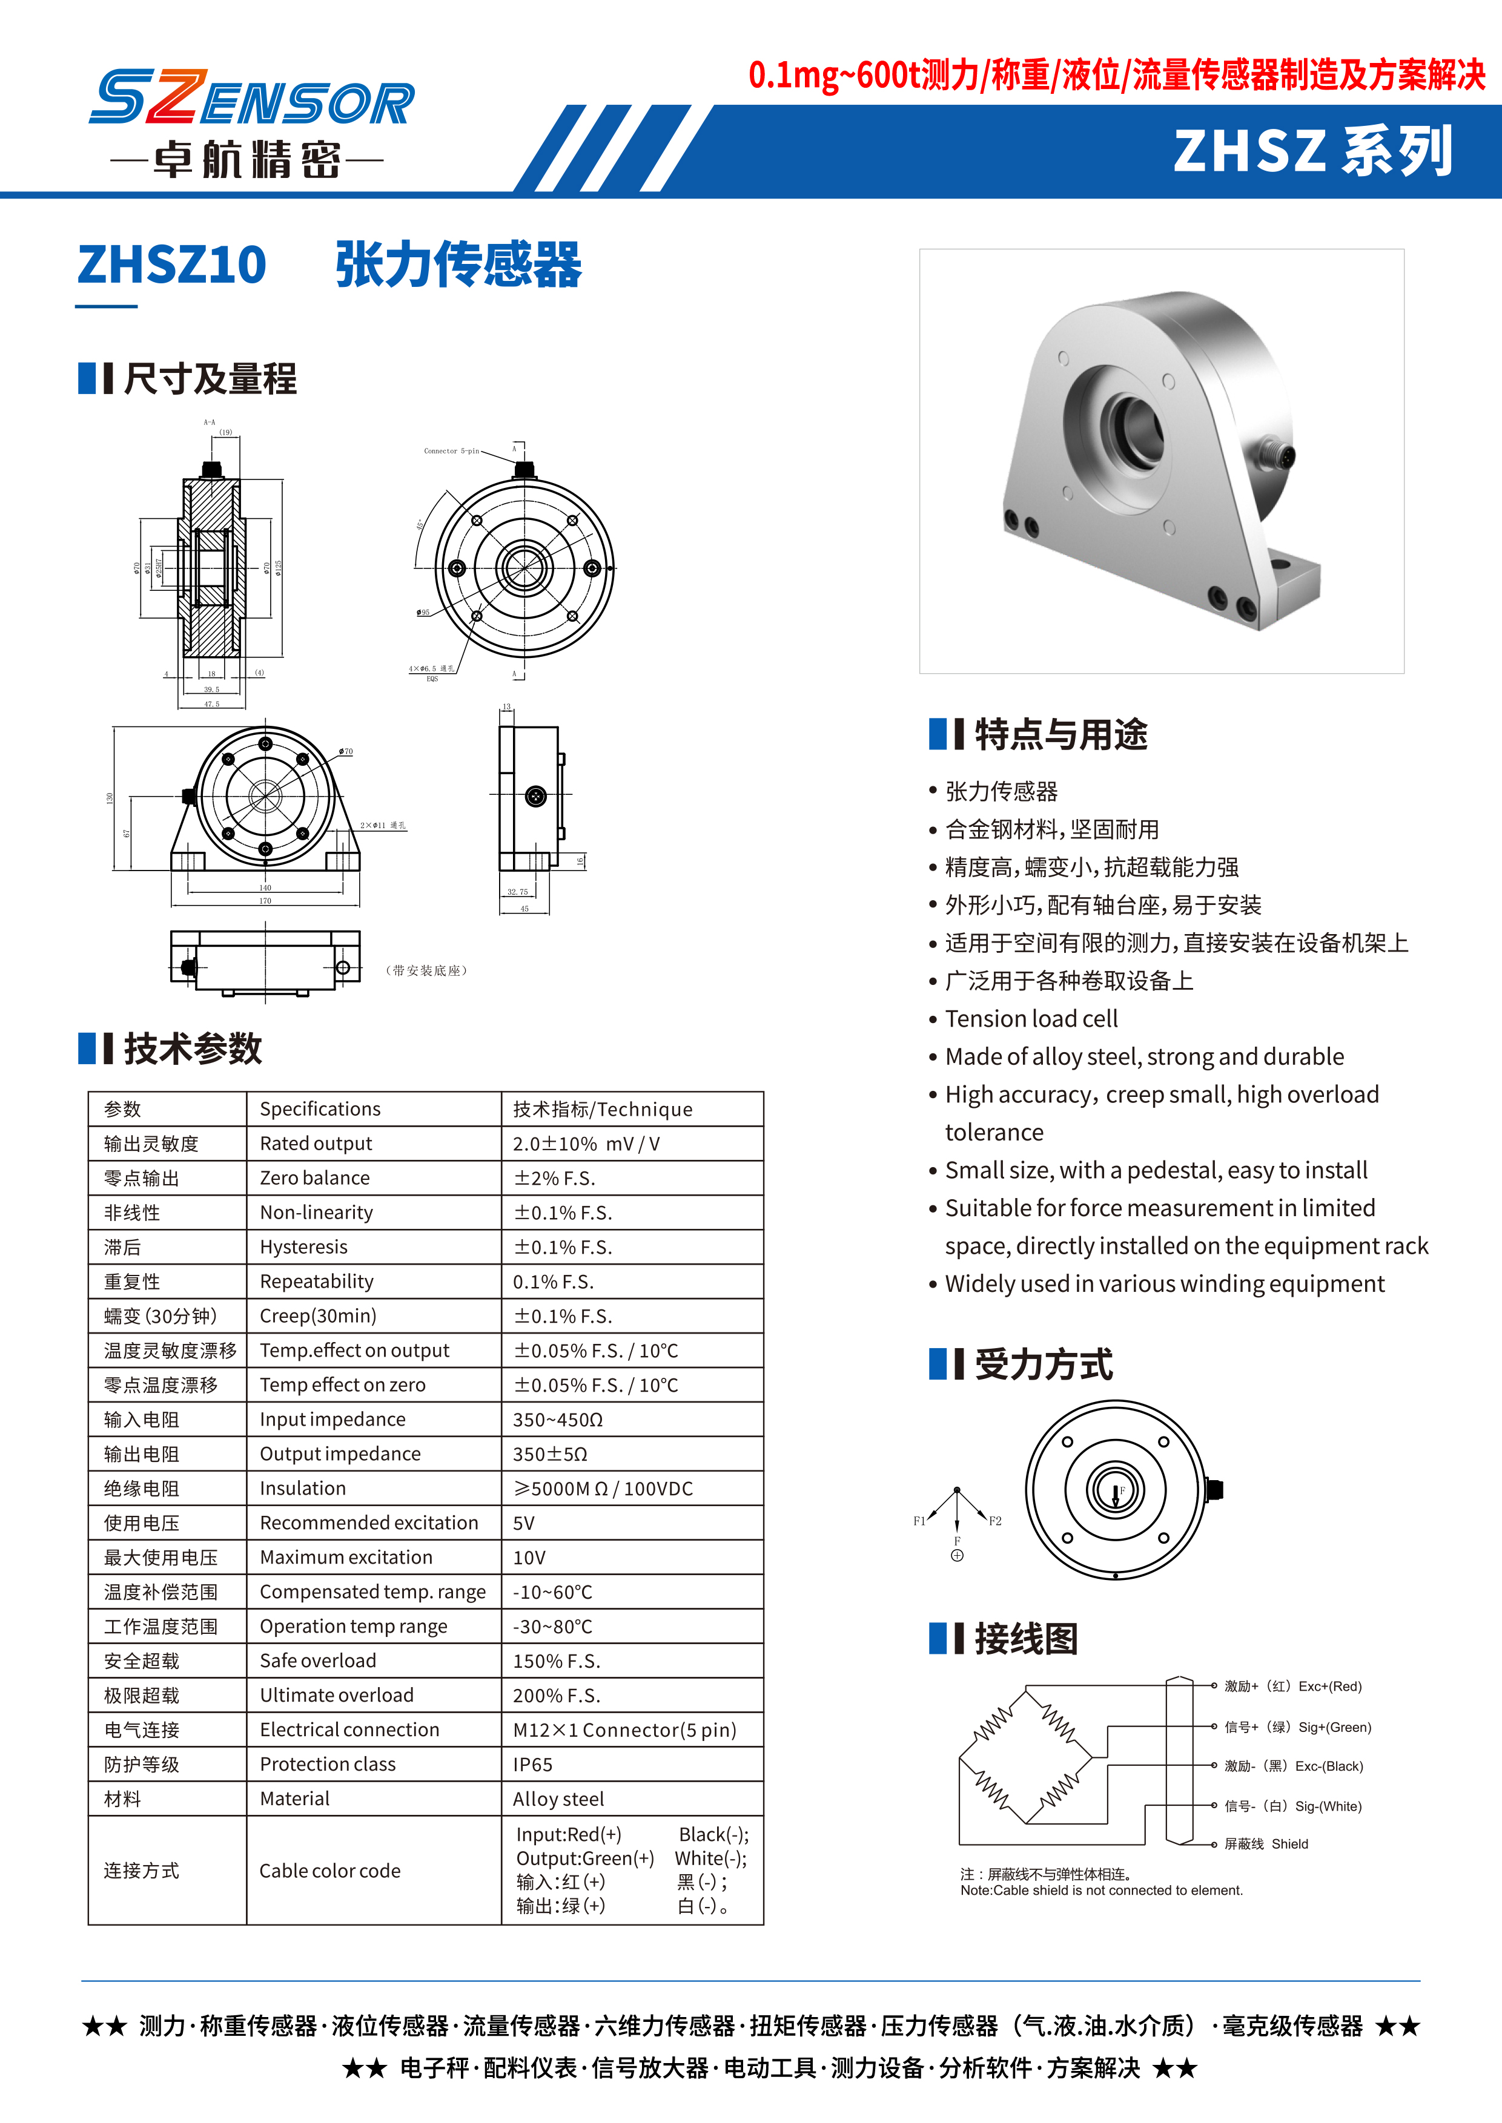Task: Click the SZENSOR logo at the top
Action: pyautogui.click(x=251, y=99)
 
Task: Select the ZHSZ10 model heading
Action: pyautogui.click(x=172, y=265)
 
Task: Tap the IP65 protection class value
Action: pyautogui.click(x=533, y=1764)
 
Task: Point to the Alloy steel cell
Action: pyautogui.click(x=558, y=1799)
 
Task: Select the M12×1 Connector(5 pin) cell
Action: pyautogui.click(x=624, y=1730)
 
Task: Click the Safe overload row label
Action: pyautogui.click(x=317, y=1661)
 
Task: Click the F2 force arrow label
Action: pyautogui.click(x=995, y=1521)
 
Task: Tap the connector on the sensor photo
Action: pyautogui.click(x=1277, y=455)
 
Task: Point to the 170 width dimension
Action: pyautogui.click(x=265, y=901)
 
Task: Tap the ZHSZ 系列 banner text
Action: pyautogui.click(x=1312, y=151)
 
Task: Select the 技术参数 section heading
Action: pyautogui.click(x=193, y=1048)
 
